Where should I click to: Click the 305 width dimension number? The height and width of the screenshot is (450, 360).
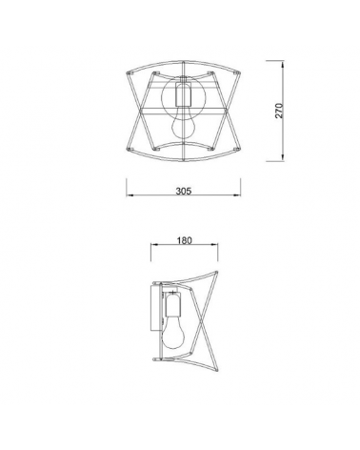click(185, 191)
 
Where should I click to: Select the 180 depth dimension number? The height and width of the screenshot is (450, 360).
click(185, 241)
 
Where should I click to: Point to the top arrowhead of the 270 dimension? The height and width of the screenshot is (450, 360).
click(284, 64)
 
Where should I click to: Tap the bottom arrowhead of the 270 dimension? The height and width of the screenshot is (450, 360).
click(284, 159)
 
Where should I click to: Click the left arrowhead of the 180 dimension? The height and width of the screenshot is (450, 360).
click(152, 251)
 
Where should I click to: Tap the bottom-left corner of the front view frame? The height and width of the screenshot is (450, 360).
click(130, 158)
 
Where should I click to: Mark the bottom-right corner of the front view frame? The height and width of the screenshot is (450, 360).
click(243, 158)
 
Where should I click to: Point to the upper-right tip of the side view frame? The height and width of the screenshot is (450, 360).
click(218, 271)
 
